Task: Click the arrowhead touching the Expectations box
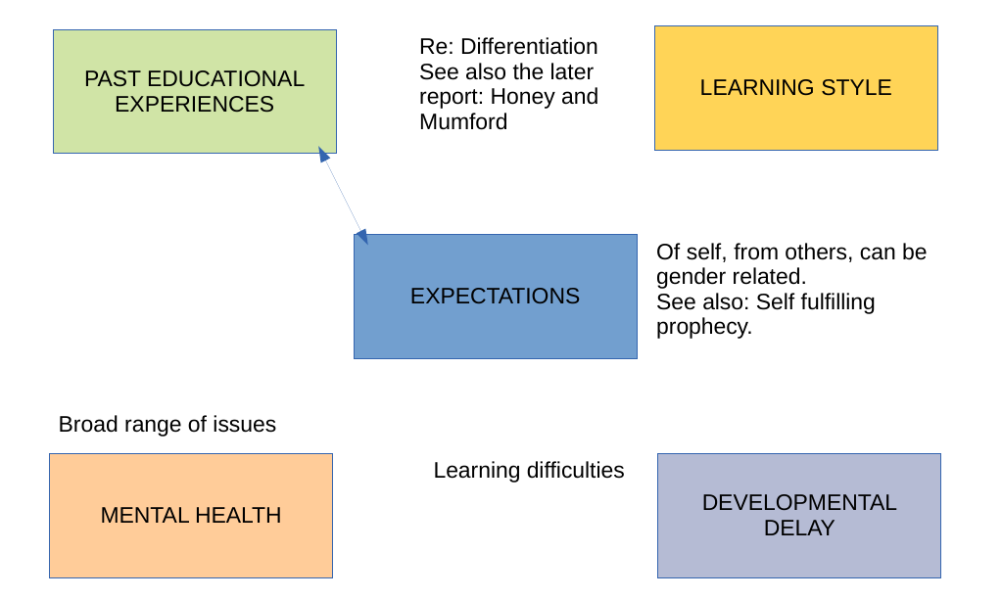(361, 237)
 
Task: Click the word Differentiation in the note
(529, 46)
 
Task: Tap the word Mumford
(463, 122)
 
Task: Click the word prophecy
(704, 327)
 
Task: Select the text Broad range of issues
(167, 425)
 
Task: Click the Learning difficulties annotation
(529, 471)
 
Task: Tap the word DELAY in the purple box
(799, 529)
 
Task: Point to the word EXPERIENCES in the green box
(194, 104)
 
